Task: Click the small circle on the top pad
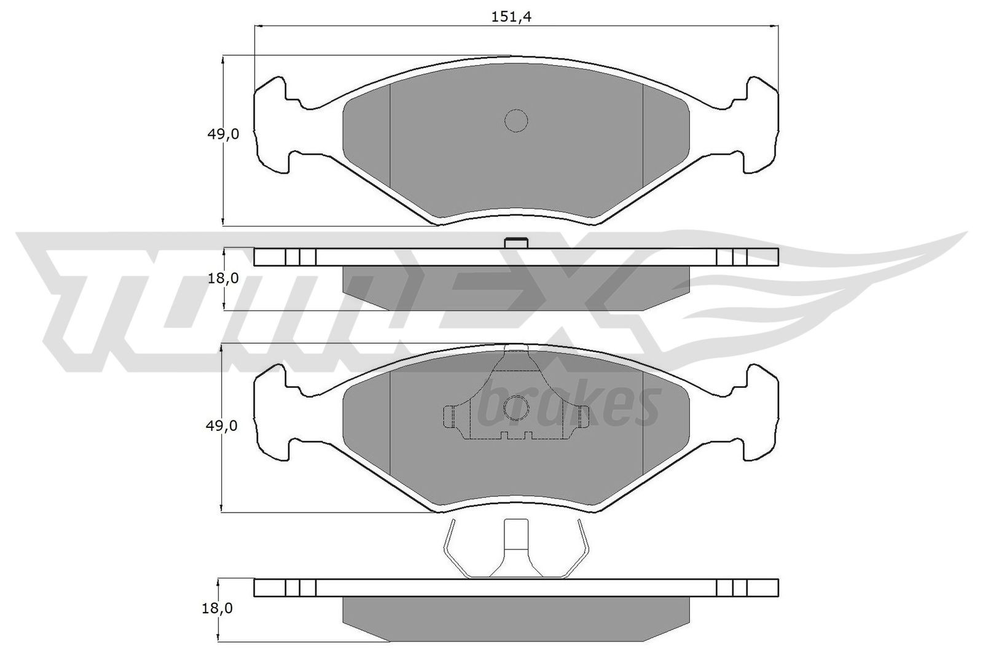pos(516,120)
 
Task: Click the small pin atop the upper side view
pos(516,243)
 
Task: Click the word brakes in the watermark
pos(568,405)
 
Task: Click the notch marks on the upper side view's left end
pos(300,257)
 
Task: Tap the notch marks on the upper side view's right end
pos(732,257)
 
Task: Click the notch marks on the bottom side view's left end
pos(300,587)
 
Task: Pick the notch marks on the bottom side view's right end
pos(732,587)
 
